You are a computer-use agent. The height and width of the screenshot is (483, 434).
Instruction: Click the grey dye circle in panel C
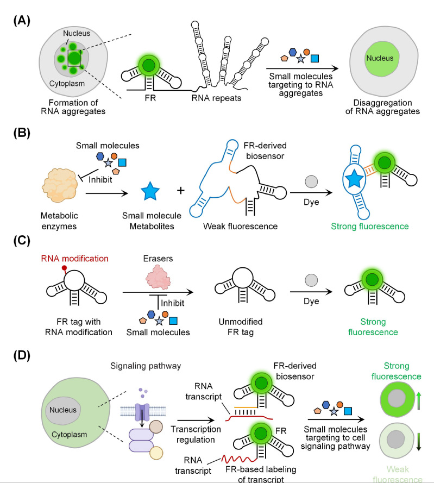[311, 283]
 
